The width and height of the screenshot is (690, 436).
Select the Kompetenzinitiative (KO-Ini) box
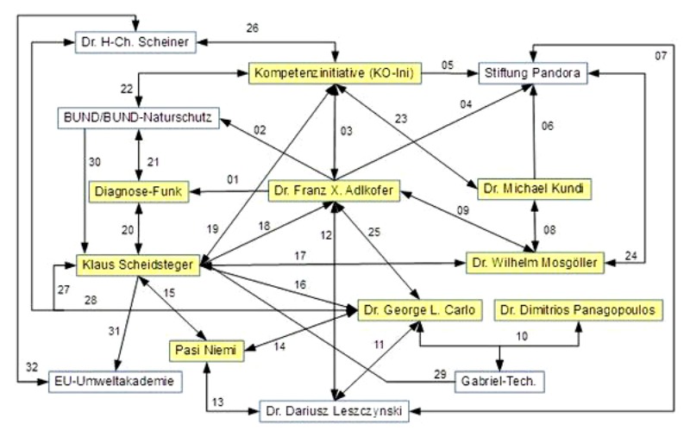pos(335,75)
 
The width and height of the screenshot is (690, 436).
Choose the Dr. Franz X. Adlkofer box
pos(335,191)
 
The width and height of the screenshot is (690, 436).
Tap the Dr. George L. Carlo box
pos(418,309)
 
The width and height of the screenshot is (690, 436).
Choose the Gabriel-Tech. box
pos(501,380)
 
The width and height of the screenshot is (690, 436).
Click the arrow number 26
pos(252,26)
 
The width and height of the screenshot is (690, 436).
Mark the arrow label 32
pos(32,366)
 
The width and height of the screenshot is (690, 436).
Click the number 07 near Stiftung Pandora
pos(660,57)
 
